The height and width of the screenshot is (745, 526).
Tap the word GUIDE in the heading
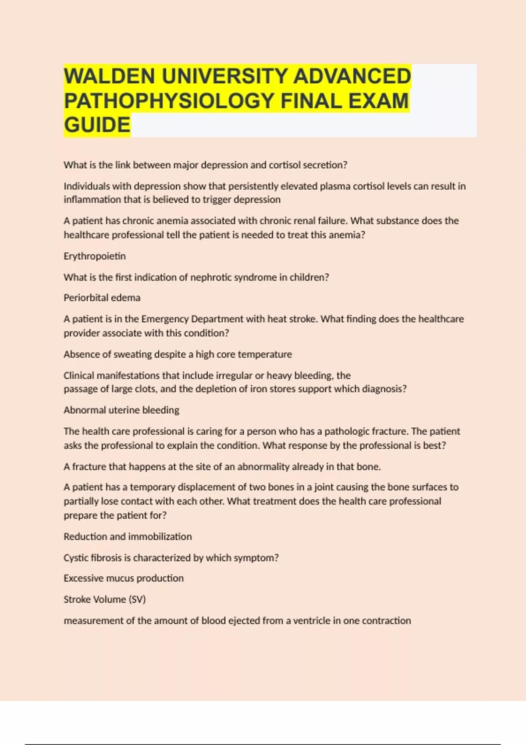pyautogui.click(x=97, y=125)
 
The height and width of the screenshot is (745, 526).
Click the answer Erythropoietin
pyautogui.click(x=95, y=256)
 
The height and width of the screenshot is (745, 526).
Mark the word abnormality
pyautogui.click(x=263, y=467)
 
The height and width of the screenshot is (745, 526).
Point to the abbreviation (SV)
pyautogui.click(x=137, y=600)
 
